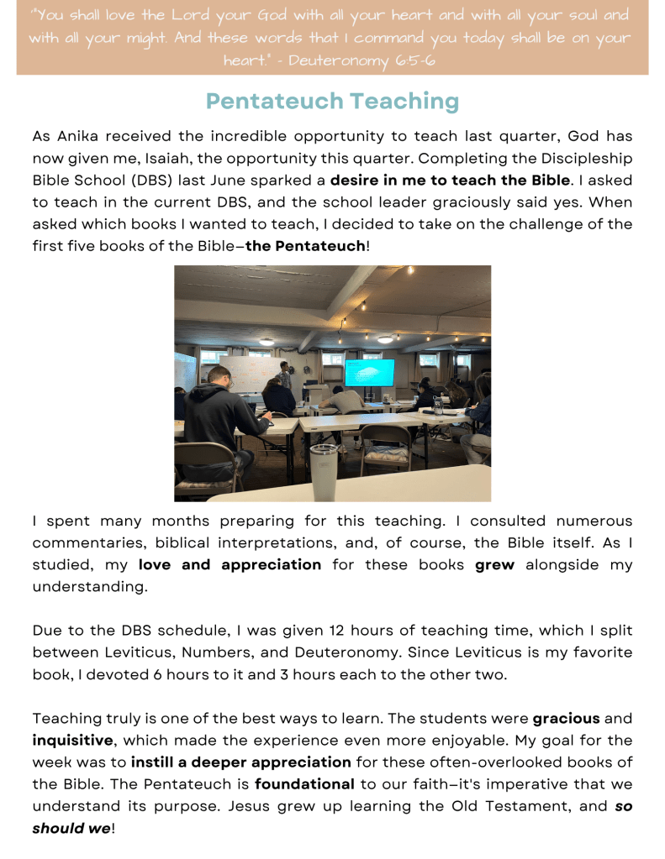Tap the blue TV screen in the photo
pyautogui.click(x=369, y=372)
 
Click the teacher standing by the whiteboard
pyautogui.click(x=285, y=375)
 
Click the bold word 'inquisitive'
pyautogui.click(x=73, y=741)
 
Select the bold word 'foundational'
pyautogui.click(x=303, y=784)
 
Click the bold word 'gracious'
pyautogui.click(x=566, y=719)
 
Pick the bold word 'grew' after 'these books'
pyautogui.click(x=495, y=564)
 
